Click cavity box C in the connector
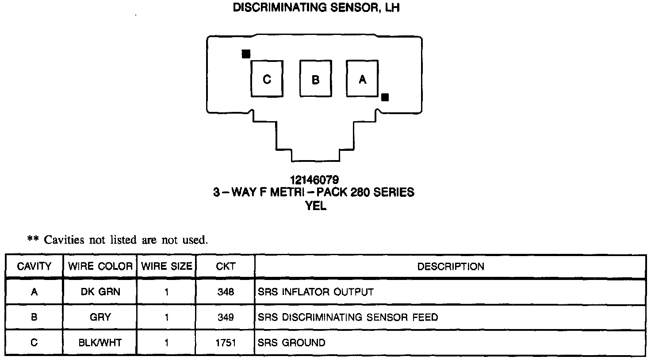point(267,79)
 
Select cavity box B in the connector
point(315,79)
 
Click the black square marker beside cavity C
point(246,54)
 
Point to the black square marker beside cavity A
point(385,97)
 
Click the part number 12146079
point(314,180)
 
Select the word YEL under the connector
point(316,206)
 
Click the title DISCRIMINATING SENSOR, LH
point(316,8)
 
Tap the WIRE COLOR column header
point(100,266)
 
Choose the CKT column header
point(226,266)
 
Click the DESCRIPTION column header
point(450,266)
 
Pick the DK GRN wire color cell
point(100,292)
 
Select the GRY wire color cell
point(100,317)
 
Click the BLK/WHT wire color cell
point(100,343)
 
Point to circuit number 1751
point(226,343)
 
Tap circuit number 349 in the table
point(226,317)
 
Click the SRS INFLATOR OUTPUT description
point(316,292)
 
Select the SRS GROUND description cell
point(291,343)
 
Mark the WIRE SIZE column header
point(167,266)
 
